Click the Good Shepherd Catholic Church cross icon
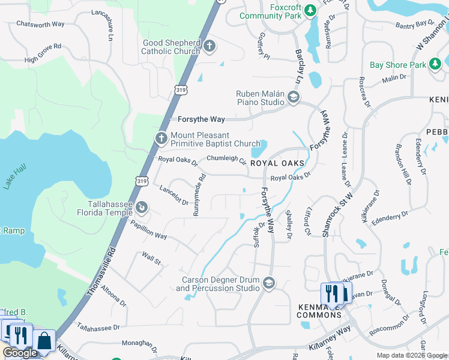tap(209, 46)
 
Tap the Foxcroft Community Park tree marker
tap(310, 10)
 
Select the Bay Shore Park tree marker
tap(436, 65)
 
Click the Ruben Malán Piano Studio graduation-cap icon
tap(294, 97)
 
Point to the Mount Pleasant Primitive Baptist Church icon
tap(161, 139)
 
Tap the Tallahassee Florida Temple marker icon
tap(142, 208)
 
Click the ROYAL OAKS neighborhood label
tap(277, 163)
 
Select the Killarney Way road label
tap(330, 336)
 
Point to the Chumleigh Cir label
tap(226, 159)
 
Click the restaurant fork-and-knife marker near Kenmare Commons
tap(330, 293)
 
